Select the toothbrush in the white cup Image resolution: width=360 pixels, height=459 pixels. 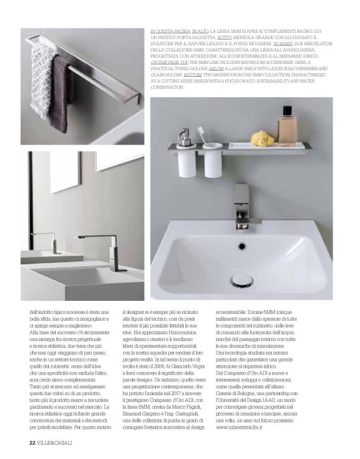(x=202, y=135)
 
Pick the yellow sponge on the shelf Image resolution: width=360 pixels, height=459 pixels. (x=262, y=139)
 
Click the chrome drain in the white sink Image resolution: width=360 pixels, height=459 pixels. (x=241, y=281)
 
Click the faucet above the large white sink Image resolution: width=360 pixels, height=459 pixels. (x=243, y=208)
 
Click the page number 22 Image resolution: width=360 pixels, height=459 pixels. (x=32, y=442)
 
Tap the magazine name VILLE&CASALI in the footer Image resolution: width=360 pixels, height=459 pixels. (x=56, y=442)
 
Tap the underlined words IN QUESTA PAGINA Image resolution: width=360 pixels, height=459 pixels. (x=171, y=30)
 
